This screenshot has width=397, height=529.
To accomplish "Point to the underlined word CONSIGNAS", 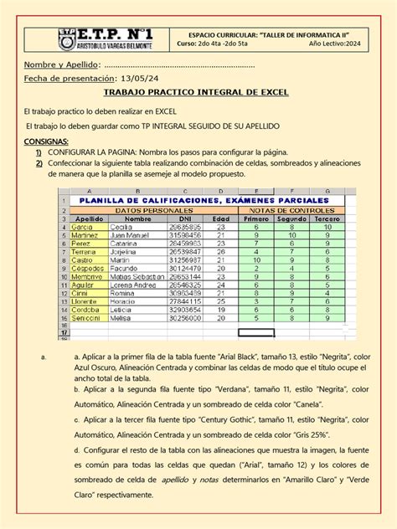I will pyautogui.click(x=46, y=142).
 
